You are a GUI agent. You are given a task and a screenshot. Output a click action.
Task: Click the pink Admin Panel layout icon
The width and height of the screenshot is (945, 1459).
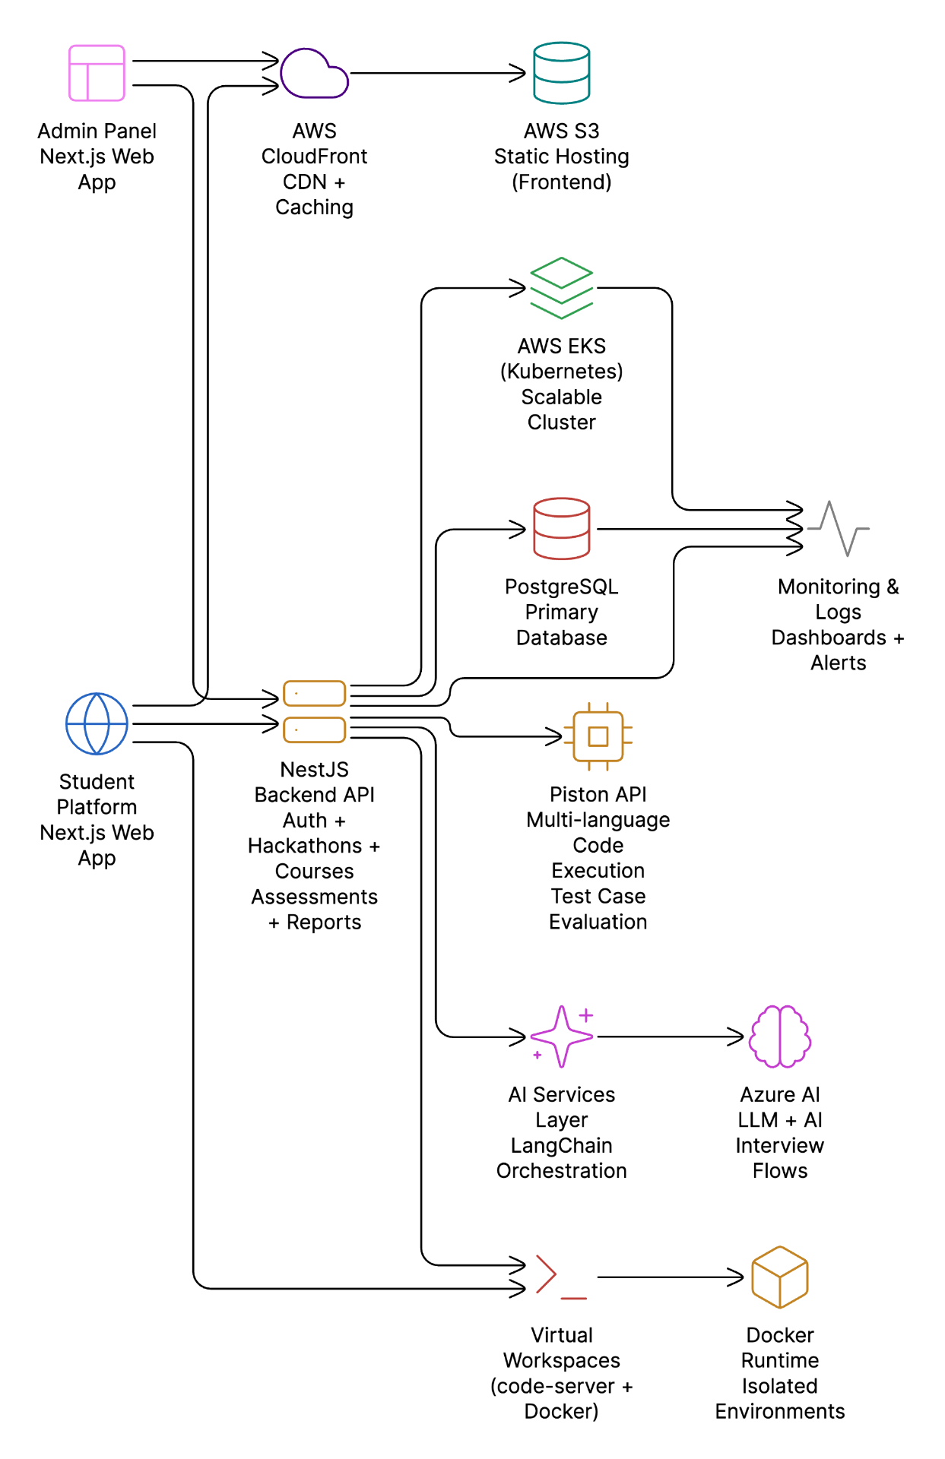point(97,73)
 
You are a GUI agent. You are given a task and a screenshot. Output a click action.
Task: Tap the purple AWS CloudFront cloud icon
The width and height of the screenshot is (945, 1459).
point(313,74)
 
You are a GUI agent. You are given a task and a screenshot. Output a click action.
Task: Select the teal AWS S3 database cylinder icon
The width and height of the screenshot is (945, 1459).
point(561,73)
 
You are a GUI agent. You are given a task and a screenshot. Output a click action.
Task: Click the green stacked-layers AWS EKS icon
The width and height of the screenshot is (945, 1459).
point(561,288)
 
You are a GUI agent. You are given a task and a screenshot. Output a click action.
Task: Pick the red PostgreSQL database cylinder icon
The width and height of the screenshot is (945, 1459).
point(561,529)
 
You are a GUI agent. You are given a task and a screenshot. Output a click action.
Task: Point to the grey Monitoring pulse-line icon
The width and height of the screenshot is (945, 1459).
point(839,528)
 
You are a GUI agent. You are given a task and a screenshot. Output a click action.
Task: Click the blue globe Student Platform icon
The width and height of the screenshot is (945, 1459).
point(97,723)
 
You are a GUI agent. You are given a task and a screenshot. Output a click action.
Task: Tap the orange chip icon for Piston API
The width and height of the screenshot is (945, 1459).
point(598,736)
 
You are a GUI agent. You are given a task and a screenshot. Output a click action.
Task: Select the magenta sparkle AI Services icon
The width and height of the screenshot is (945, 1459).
point(561,1036)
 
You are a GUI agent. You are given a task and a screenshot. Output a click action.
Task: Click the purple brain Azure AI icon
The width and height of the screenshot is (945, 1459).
point(780,1036)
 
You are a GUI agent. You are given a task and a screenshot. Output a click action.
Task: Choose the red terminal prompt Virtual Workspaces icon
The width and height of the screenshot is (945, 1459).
point(561,1277)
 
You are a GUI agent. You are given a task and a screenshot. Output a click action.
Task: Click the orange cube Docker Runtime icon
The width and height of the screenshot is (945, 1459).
point(780,1277)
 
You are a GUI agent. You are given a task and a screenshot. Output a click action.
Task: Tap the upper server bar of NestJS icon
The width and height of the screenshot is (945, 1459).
point(314,693)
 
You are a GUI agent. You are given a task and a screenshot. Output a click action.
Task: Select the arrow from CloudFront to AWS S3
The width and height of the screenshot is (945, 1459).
point(437,74)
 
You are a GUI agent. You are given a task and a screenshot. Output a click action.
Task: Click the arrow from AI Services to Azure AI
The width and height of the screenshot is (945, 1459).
point(669,1036)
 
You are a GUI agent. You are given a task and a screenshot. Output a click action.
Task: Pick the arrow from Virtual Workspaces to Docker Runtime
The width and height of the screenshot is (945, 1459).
point(669,1277)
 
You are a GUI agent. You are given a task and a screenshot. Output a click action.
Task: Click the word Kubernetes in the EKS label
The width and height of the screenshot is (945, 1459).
point(561,372)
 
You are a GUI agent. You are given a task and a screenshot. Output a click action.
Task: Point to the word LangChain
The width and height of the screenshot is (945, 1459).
point(561,1145)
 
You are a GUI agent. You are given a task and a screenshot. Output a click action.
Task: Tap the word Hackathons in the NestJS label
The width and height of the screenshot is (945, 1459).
point(305,846)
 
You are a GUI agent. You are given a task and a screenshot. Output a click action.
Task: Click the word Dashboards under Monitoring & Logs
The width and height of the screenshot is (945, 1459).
point(829,638)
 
